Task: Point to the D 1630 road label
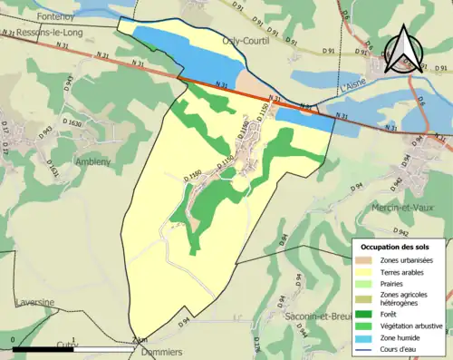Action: tap(73, 122)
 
